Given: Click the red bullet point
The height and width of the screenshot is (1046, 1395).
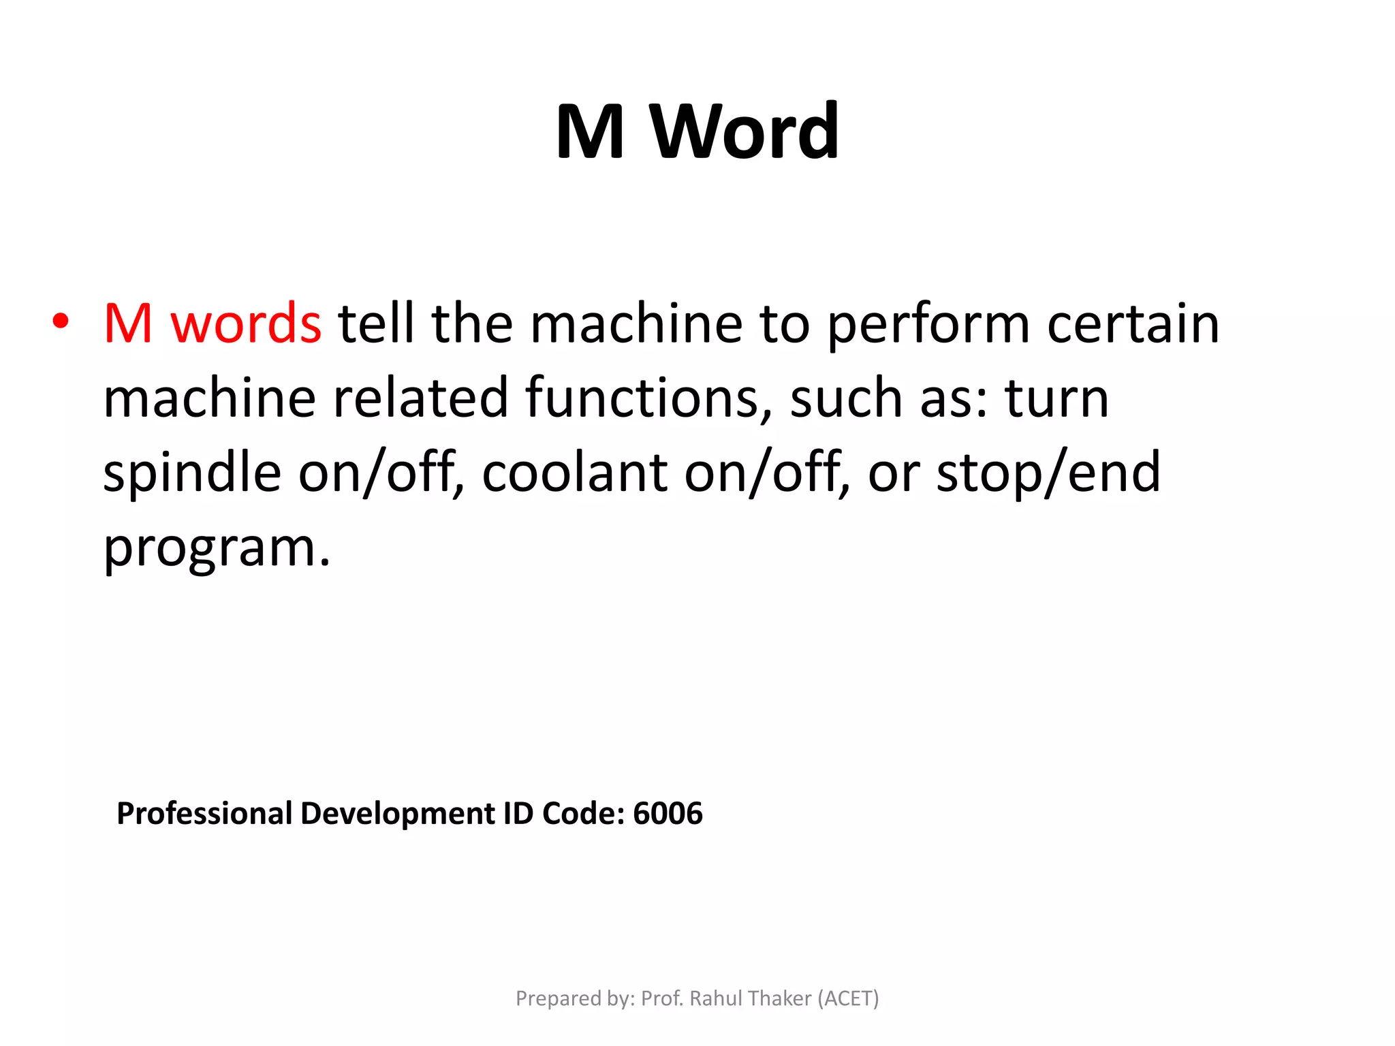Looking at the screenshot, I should pos(61,321).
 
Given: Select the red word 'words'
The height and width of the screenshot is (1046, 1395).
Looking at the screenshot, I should pos(246,323).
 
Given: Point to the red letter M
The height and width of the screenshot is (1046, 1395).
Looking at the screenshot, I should pos(128,323).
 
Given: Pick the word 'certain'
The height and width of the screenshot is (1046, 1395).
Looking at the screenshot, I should pos(1133,323).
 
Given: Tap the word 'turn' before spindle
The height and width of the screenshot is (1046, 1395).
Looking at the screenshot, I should pos(1056,399).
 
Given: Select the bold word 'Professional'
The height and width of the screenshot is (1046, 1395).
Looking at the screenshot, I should pos(204,813).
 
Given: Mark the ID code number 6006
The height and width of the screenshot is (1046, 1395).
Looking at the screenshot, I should pos(668,813).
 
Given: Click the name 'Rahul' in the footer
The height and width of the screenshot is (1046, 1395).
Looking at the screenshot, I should pos(718,998).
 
